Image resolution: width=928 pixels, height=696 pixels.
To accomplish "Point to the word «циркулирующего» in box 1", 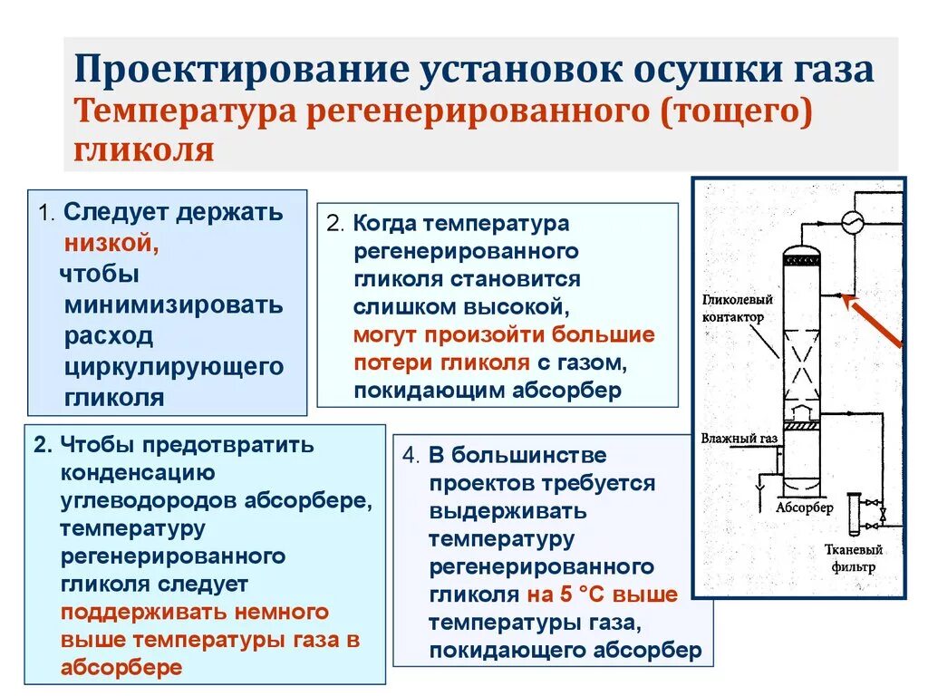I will (174, 366).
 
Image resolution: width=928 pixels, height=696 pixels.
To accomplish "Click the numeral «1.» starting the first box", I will (48, 214).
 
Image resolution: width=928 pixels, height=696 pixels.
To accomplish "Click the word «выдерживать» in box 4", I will (507, 511).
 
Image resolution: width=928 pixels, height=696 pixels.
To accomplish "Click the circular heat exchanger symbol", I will (851, 222).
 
